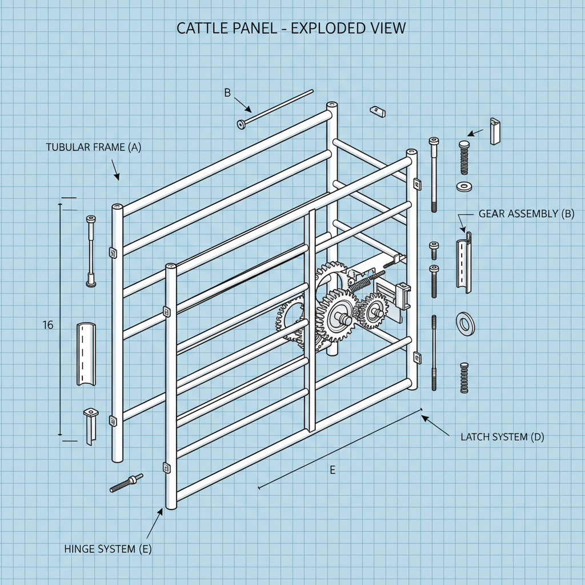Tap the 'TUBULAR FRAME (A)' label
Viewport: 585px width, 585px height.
pyautogui.click(x=93, y=147)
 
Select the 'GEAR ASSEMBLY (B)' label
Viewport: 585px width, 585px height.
pyautogui.click(x=526, y=214)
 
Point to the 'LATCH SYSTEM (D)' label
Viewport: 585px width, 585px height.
pyautogui.click(x=502, y=437)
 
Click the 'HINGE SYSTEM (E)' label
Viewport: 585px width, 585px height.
pyautogui.click(x=108, y=549)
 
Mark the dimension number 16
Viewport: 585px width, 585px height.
pyautogui.click(x=48, y=325)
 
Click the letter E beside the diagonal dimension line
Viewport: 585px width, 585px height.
pyautogui.click(x=332, y=470)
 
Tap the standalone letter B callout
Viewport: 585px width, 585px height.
pyautogui.click(x=227, y=93)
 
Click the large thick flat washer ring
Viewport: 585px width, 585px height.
pyautogui.click(x=466, y=323)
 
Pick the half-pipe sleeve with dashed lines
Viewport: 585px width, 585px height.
pyautogui.click(x=87, y=355)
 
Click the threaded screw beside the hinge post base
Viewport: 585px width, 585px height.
pyautogui.click(x=126, y=483)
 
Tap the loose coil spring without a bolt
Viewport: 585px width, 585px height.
pyautogui.click(x=464, y=378)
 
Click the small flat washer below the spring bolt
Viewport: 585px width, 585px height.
pyautogui.click(x=463, y=186)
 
